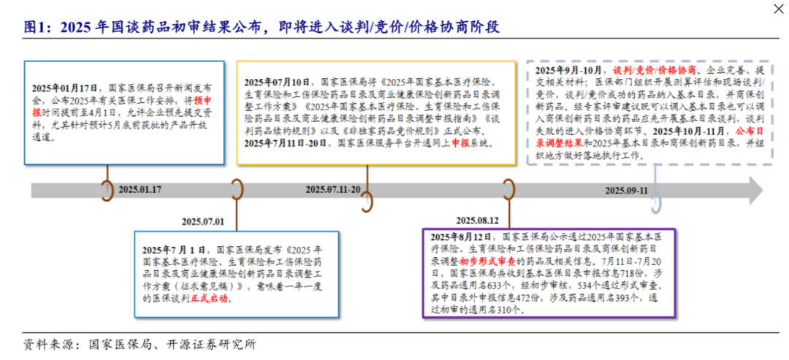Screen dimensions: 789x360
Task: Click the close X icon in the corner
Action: [778, 9]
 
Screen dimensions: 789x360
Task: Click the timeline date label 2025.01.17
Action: [140, 190]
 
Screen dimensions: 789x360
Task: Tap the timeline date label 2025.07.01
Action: [203, 221]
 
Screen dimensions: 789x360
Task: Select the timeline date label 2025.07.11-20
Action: [333, 190]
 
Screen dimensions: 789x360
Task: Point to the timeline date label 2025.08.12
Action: [477, 221]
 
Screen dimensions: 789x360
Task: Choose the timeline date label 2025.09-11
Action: [627, 191]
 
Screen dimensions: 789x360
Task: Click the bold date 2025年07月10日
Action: [277, 82]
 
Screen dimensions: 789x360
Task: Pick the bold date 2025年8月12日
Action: [460, 237]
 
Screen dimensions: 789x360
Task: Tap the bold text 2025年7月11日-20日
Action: [287, 143]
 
